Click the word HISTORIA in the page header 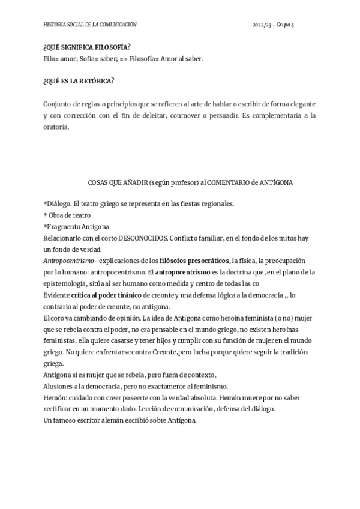click(55, 25)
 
